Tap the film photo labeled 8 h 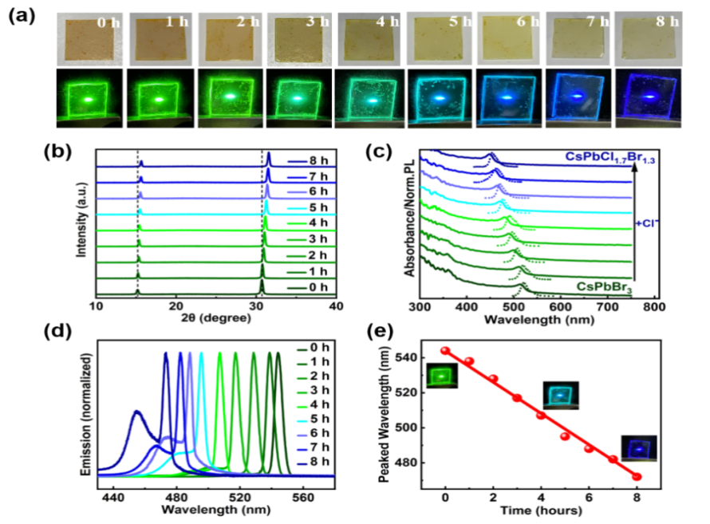point(649,37)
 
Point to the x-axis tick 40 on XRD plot point(337,306)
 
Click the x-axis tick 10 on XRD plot point(97,306)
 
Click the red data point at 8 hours point(637,476)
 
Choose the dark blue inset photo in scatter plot point(640,448)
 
